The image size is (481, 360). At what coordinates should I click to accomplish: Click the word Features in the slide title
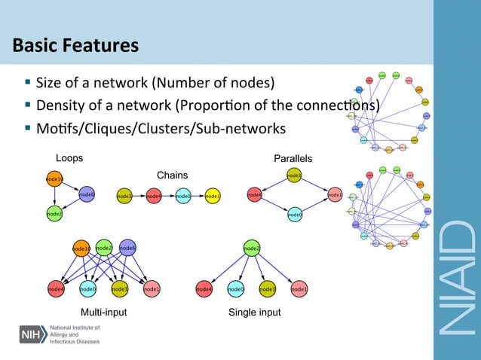click(x=102, y=46)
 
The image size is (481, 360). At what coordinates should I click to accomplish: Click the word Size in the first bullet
click(x=47, y=82)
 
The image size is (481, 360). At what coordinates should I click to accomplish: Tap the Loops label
click(x=69, y=159)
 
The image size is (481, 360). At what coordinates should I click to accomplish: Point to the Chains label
click(x=172, y=175)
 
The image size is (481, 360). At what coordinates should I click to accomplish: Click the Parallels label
click(x=293, y=159)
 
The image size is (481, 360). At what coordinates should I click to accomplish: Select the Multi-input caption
click(x=103, y=312)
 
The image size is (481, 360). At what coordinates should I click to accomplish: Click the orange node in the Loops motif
click(x=54, y=179)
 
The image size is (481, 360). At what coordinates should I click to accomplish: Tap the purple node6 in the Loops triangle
click(x=86, y=194)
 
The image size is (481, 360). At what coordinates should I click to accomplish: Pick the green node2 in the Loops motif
click(x=54, y=214)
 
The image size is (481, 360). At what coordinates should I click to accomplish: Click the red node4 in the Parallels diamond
click(x=255, y=196)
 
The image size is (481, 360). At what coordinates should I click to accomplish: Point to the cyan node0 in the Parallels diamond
click(x=295, y=215)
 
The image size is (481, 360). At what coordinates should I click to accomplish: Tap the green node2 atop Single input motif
click(x=252, y=248)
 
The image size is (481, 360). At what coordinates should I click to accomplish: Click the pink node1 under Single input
click(x=299, y=288)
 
